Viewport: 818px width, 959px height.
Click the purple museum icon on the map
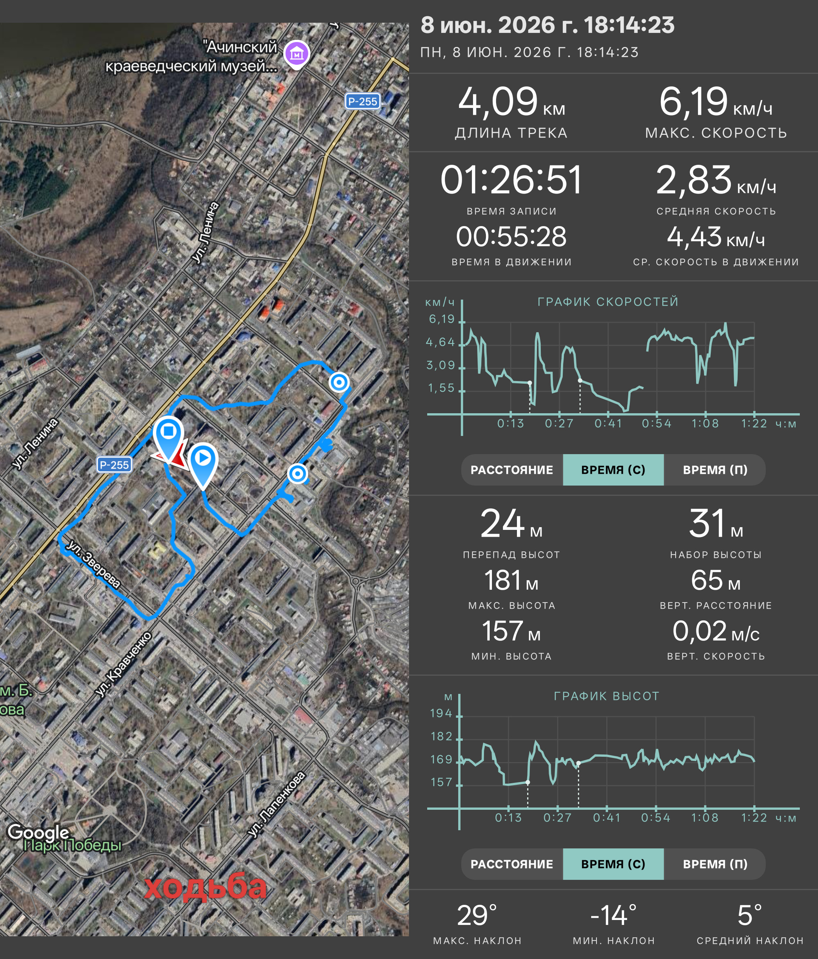click(297, 55)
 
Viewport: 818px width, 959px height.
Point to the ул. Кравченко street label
click(123, 664)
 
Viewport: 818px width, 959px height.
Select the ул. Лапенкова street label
click(277, 804)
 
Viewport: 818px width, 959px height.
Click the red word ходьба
click(205, 887)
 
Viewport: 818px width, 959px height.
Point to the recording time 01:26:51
click(511, 180)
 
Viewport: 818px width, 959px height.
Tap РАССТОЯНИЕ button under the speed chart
click(512, 470)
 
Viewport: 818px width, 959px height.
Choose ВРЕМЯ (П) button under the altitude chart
click(715, 864)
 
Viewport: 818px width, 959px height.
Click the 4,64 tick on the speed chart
click(440, 342)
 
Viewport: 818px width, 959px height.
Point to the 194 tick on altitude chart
click(441, 713)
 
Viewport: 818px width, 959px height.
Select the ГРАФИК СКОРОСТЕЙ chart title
click(607, 302)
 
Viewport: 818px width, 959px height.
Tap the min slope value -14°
click(613, 915)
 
